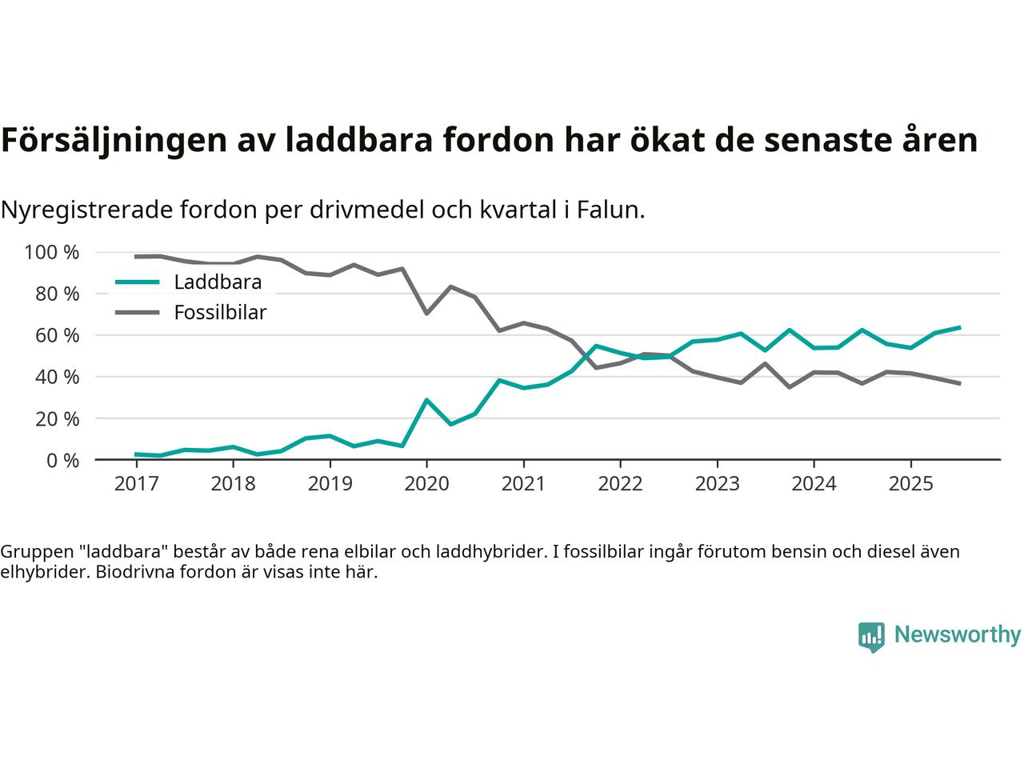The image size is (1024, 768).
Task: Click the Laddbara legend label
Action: (x=218, y=282)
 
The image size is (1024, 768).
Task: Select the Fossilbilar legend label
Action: (x=220, y=313)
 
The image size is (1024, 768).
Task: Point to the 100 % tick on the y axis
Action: (x=52, y=253)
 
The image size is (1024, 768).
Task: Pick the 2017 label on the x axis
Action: (x=136, y=484)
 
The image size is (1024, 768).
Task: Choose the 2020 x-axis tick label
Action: (x=426, y=484)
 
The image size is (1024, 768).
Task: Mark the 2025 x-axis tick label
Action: (x=910, y=484)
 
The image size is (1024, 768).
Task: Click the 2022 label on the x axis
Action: (x=620, y=484)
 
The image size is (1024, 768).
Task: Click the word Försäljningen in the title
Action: (x=113, y=140)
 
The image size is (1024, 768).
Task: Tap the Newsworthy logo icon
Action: (x=871, y=637)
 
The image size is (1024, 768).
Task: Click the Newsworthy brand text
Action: (x=957, y=635)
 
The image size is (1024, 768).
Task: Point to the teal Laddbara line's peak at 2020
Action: (x=426, y=399)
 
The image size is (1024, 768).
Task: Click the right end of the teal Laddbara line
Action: (x=959, y=327)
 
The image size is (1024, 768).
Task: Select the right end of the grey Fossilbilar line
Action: (x=959, y=384)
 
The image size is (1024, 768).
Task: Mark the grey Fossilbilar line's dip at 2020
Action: (x=426, y=313)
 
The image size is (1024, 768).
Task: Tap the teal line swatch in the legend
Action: (x=137, y=282)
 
